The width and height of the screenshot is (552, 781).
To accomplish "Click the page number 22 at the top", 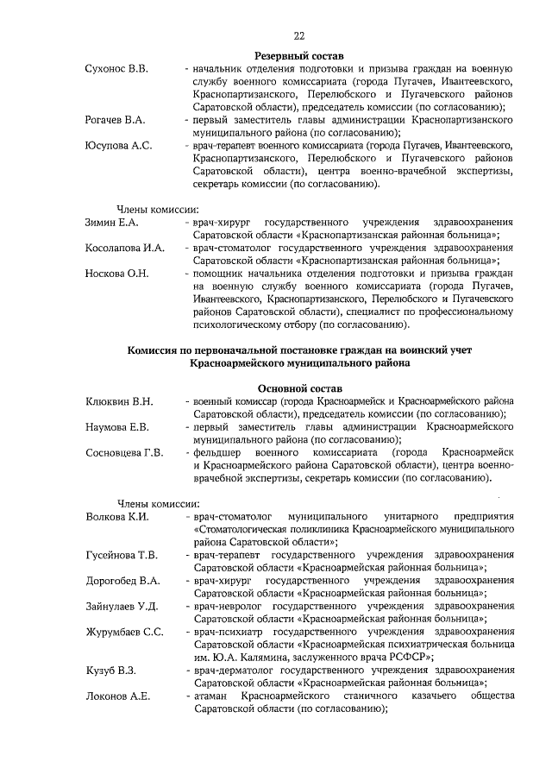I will (299, 35).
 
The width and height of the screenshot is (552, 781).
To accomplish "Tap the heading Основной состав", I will (299, 388).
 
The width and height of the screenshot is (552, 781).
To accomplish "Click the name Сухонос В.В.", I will (116, 68).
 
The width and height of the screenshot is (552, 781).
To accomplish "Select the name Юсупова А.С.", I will (118, 146).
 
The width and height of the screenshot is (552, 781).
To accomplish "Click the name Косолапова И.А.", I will (125, 249).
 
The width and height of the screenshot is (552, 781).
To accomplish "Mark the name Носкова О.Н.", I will (117, 274).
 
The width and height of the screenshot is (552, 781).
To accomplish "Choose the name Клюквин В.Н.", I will (120, 401).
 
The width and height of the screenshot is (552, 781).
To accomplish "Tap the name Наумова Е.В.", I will (118, 427).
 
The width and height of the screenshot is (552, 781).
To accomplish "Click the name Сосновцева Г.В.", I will (125, 453).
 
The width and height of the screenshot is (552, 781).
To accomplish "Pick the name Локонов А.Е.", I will (118, 696).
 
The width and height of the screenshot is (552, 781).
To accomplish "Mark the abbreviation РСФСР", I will (406, 657).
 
